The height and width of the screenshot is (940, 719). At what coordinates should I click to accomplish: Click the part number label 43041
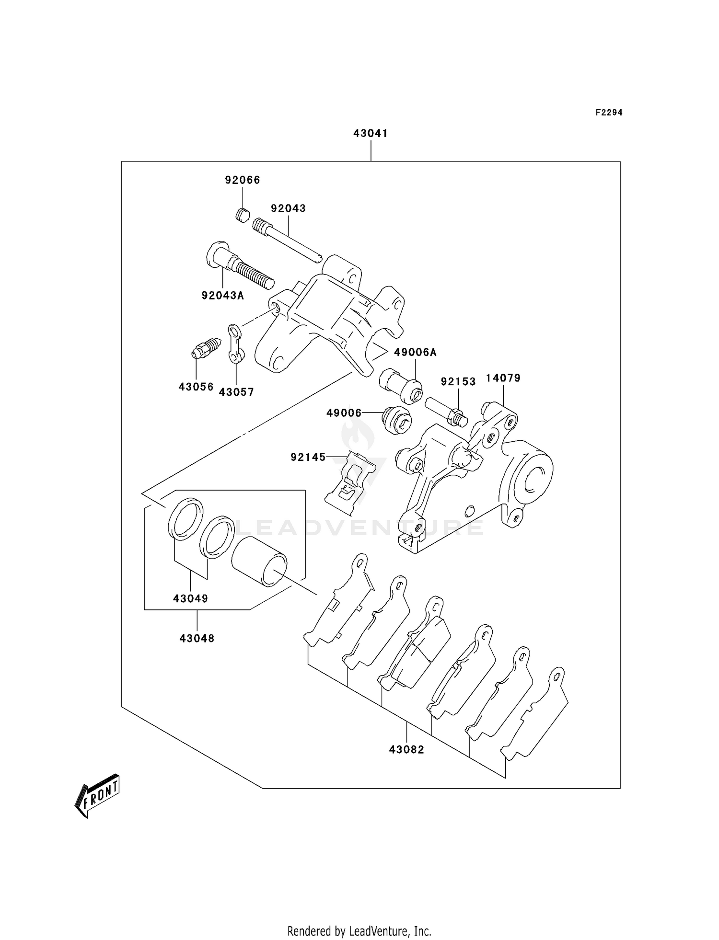click(370, 133)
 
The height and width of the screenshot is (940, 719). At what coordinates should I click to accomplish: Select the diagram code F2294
click(609, 113)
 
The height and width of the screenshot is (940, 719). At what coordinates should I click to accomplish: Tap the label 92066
click(243, 180)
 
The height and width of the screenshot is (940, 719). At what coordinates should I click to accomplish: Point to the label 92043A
click(222, 296)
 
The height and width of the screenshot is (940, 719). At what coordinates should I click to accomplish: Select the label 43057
click(236, 392)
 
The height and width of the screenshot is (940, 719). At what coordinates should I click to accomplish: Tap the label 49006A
click(415, 353)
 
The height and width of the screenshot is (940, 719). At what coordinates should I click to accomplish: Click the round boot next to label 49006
click(396, 420)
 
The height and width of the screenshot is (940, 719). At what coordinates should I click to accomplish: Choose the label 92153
click(458, 381)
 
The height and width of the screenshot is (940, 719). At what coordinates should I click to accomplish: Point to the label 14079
click(503, 378)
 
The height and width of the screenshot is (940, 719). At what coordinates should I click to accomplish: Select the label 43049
click(190, 598)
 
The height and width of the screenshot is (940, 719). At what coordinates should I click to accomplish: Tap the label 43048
click(197, 638)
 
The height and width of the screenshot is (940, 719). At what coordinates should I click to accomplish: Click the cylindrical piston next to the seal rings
click(259, 562)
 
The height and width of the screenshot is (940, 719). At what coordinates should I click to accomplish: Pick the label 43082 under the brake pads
click(406, 749)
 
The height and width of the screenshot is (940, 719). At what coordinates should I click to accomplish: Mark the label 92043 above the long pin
click(288, 208)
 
